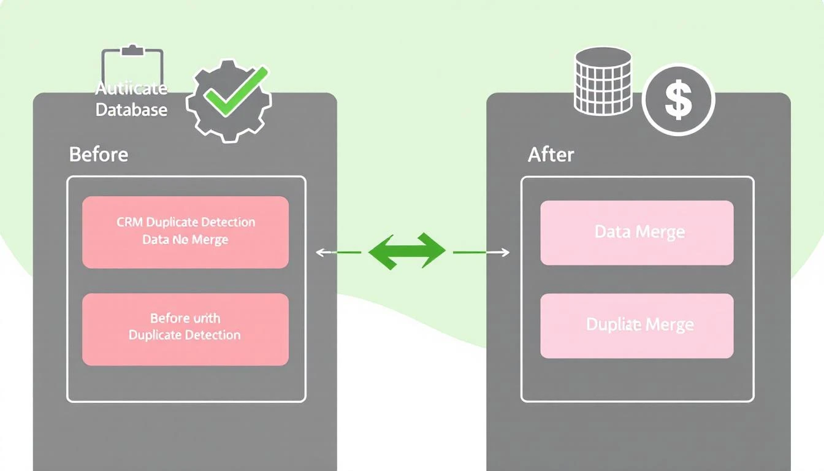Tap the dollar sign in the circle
click(678, 100)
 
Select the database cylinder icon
click(603, 82)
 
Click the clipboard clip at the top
click(133, 50)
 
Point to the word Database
click(131, 110)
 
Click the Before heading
click(99, 154)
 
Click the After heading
click(551, 155)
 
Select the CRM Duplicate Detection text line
click(186, 222)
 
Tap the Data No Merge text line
click(185, 240)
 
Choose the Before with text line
click(185, 318)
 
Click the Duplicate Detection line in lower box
click(185, 335)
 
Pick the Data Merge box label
click(639, 232)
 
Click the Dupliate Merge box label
click(639, 324)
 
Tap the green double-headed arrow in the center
click(406, 251)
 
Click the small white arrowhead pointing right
click(505, 252)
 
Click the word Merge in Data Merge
click(660, 232)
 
